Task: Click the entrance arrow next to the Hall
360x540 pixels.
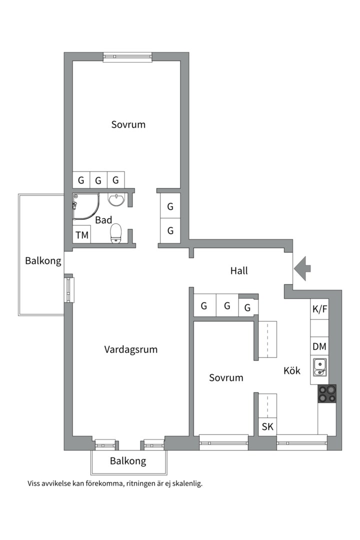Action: pos(302,268)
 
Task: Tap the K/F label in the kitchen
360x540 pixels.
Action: pos(320,308)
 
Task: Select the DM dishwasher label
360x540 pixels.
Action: pos(320,346)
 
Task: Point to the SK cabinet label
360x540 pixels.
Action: pos(267,427)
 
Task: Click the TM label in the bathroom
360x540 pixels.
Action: pos(81,235)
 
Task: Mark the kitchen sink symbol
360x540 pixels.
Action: pos(319,367)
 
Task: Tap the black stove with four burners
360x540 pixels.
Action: pos(327,393)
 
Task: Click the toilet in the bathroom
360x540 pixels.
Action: pos(116,232)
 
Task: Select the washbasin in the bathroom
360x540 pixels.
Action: pos(116,199)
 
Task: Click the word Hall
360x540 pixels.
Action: pos(239,271)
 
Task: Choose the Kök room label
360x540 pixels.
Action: pos(291,370)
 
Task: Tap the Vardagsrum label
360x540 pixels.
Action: pos(131,349)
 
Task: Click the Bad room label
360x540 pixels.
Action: pos(103,220)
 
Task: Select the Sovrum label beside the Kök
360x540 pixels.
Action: pos(226,377)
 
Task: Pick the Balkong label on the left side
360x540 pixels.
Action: pos(43,260)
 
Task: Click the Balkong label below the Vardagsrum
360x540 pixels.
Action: pos(128,461)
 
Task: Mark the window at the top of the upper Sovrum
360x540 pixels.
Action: pos(127,57)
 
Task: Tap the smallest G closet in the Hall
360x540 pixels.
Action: pos(247,308)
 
